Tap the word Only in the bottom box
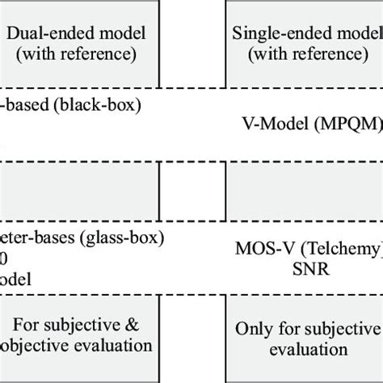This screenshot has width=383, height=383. (x=253, y=330)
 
